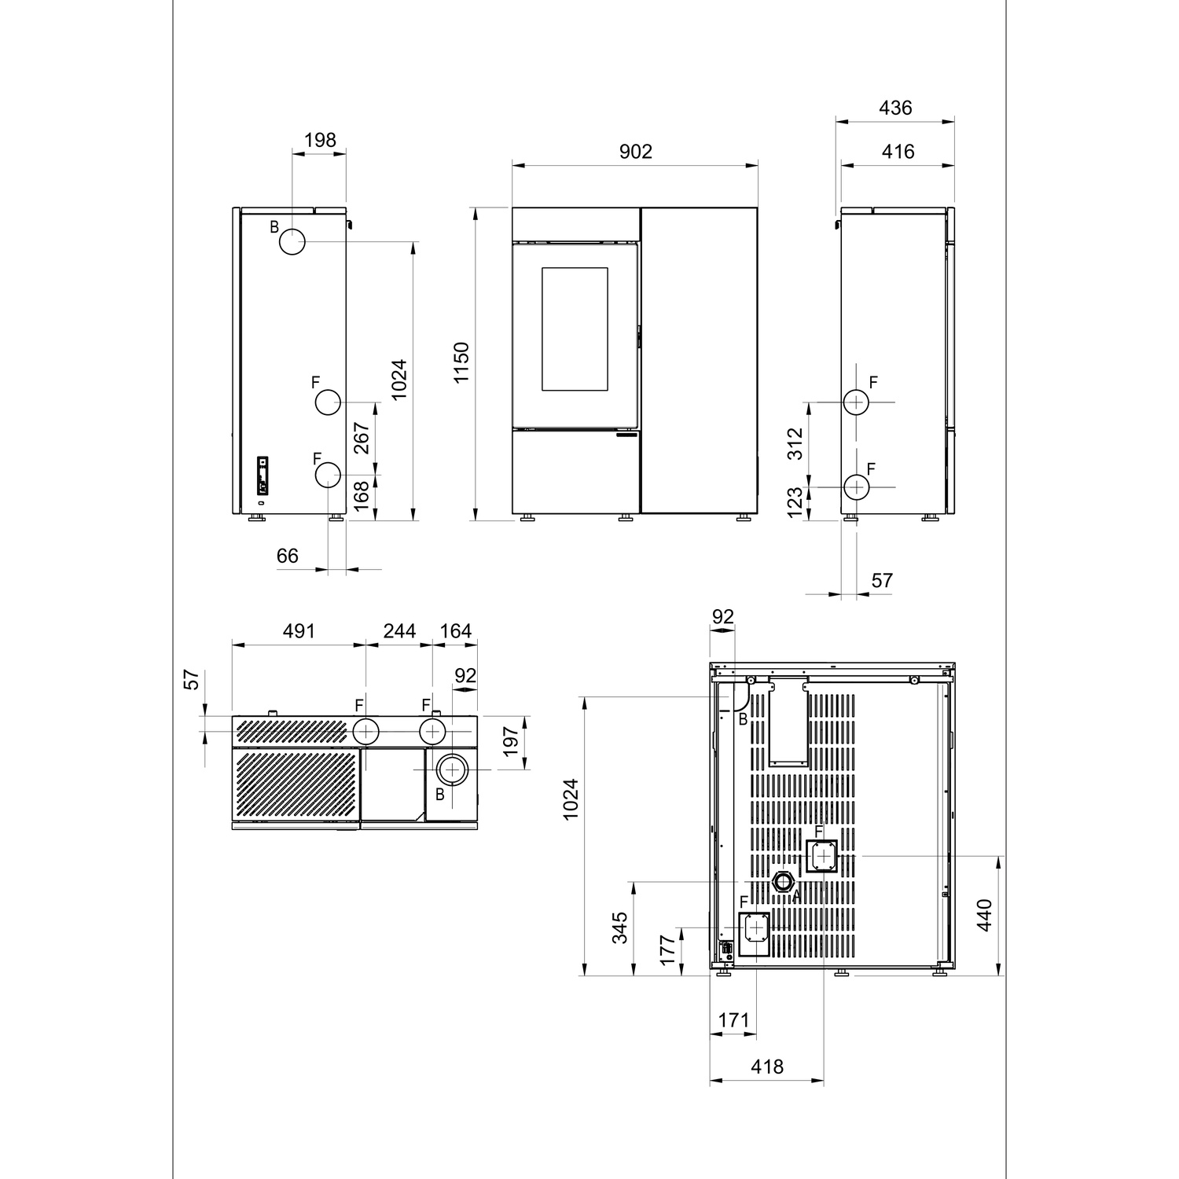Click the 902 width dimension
(x=635, y=151)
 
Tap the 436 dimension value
(x=895, y=108)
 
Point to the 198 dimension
(x=320, y=140)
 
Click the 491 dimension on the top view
(x=299, y=630)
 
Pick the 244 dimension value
(x=399, y=630)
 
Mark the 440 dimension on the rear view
(x=984, y=915)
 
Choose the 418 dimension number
(x=767, y=1067)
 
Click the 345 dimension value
(x=620, y=927)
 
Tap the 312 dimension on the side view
(x=795, y=444)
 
